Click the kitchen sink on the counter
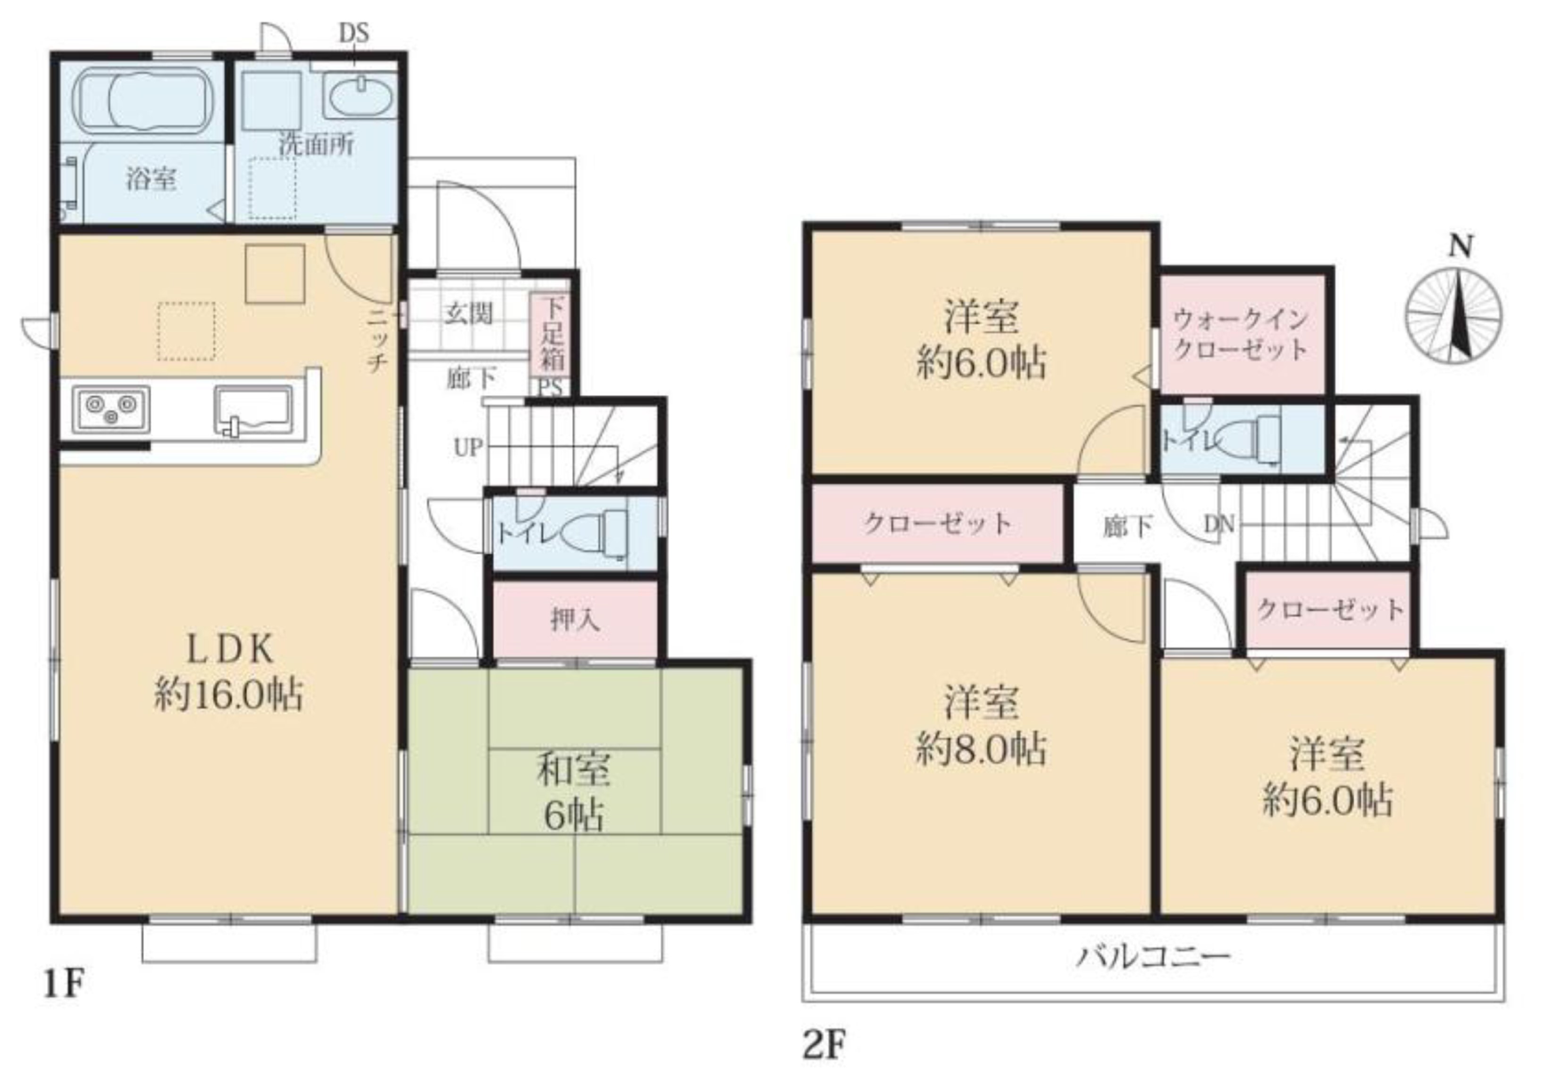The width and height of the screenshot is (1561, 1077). coord(254,410)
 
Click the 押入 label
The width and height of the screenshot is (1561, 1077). coord(575,619)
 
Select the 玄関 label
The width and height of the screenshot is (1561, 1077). coord(468,314)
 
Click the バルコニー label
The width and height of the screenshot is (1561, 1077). coord(1153,957)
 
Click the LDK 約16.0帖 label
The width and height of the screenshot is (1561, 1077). coord(229,672)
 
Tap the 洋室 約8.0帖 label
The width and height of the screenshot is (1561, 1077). coord(982,725)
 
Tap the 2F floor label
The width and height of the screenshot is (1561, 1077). coord(824,1046)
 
